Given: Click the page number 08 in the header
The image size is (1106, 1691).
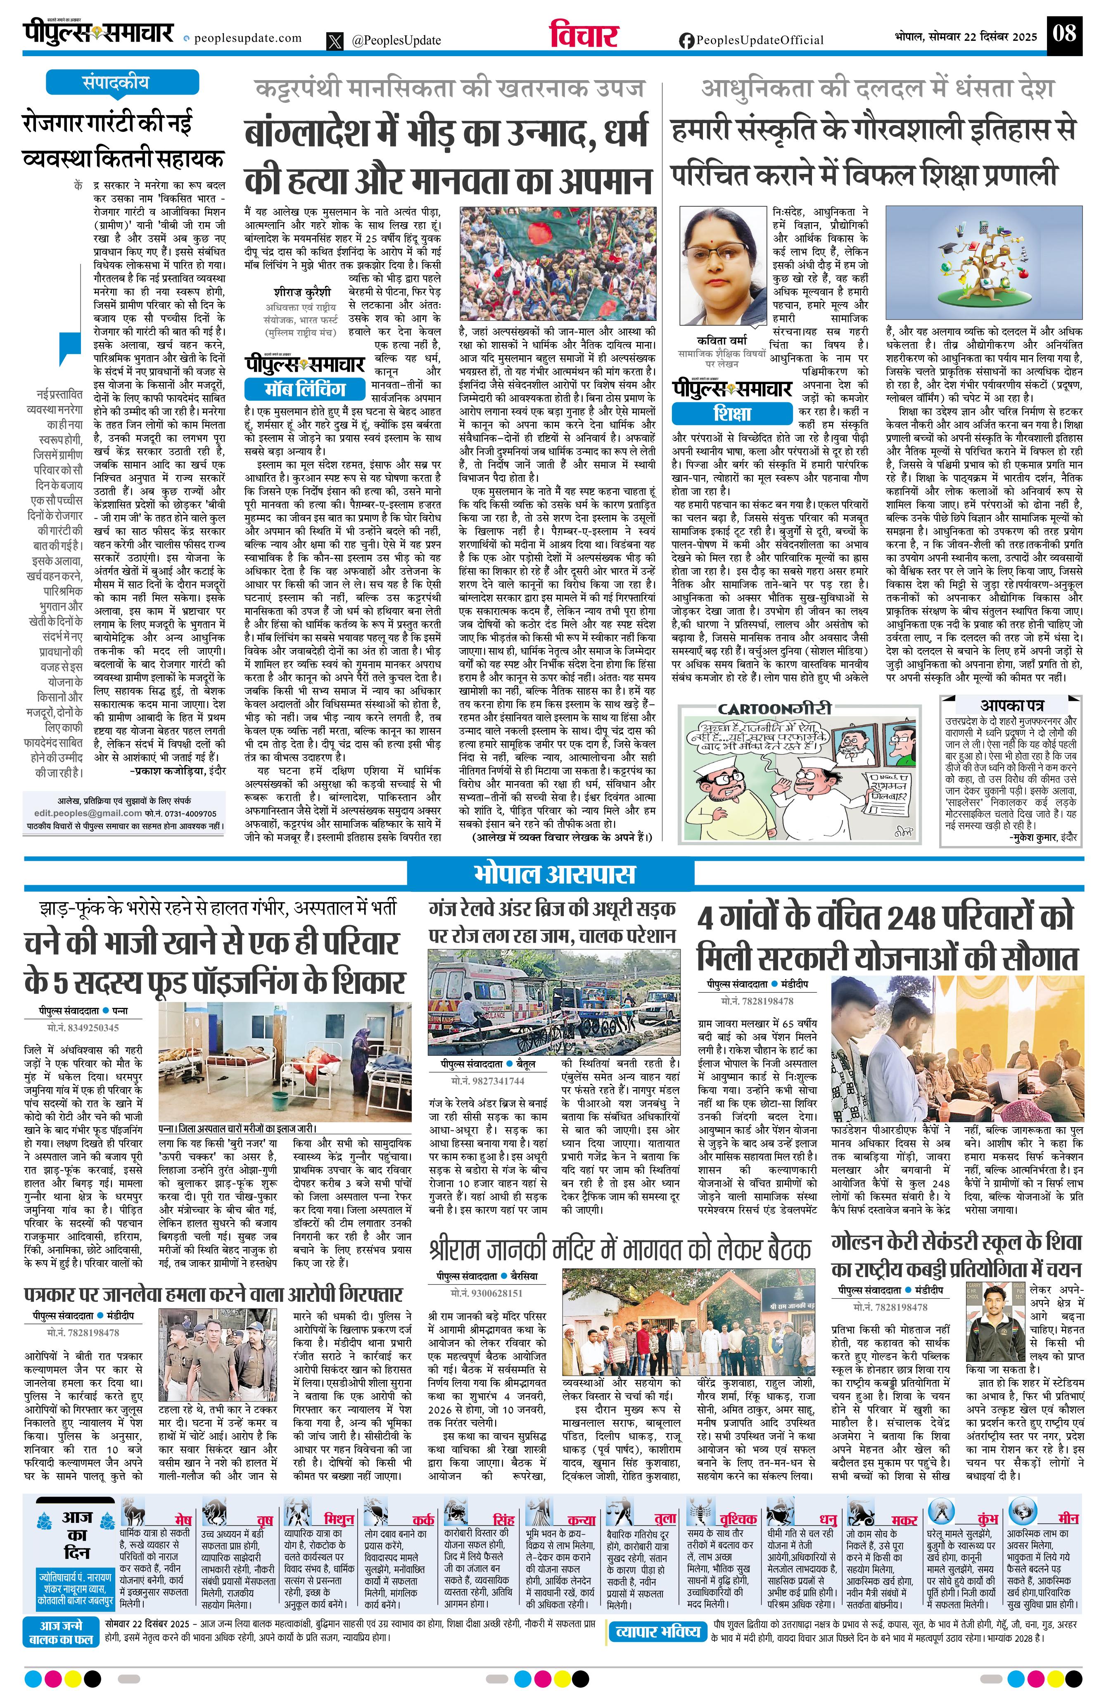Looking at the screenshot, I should click(x=1065, y=33).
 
